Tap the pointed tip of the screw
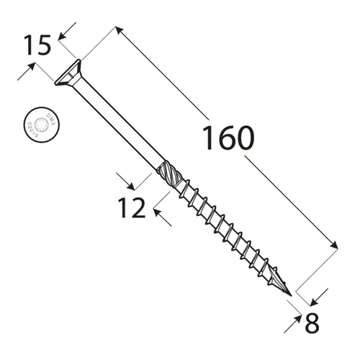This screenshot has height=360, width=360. click(x=291, y=296)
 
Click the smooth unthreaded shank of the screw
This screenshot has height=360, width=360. click(x=115, y=122)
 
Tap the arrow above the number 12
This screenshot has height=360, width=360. click(x=120, y=178)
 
